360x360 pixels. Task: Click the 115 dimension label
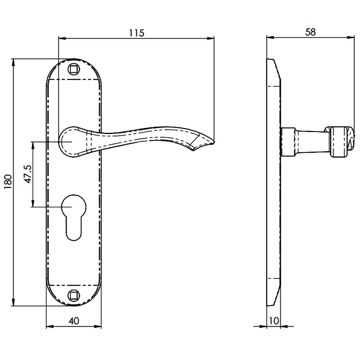(137, 33)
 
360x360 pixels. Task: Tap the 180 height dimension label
(8, 182)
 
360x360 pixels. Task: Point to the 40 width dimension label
(74, 321)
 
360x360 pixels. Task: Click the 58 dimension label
(310, 32)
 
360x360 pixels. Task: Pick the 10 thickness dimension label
(274, 321)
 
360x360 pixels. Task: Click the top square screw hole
(74, 69)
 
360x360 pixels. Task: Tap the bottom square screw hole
(74, 296)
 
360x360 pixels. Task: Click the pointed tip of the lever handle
(214, 142)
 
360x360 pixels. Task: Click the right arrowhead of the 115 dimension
(211, 38)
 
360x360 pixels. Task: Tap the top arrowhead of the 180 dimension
(13, 62)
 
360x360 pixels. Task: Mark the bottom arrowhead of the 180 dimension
(13, 302)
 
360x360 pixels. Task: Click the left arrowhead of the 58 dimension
(270, 38)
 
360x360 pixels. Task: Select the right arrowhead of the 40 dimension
(98, 326)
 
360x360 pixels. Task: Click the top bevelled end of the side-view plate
(274, 69)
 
